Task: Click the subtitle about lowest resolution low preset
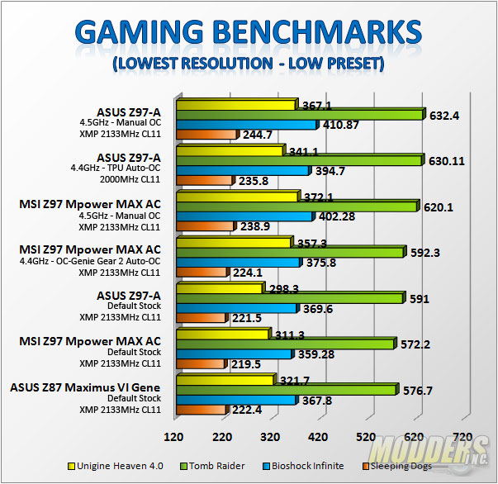pos(249,64)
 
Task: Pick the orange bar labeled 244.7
pos(206,135)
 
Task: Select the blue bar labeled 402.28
pos(244,216)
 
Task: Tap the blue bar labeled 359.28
pos(234,354)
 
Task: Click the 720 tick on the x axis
pos(462,437)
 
